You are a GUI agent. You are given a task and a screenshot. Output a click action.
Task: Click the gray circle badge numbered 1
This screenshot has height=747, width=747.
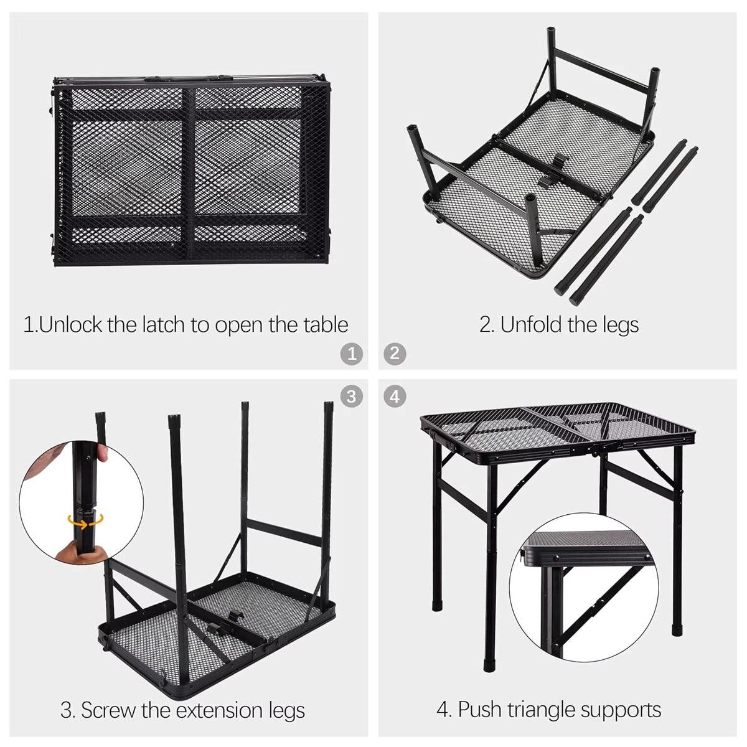pyautogui.click(x=352, y=354)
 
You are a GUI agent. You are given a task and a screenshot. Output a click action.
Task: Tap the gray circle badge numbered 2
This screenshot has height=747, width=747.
pyautogui.click(x=395, y=354)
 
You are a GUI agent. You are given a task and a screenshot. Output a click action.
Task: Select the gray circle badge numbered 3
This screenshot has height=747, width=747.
pyautogui.click(x=352, y=397)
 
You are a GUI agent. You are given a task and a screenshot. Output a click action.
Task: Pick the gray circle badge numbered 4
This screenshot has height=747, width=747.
pyautogui.click(x=395, y=397)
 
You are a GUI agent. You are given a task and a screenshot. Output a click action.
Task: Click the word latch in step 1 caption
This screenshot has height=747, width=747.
pyautogui.click(x=164, y=324)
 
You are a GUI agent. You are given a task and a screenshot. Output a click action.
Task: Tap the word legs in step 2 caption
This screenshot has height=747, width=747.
pyautogui.click(x=620, y=326)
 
